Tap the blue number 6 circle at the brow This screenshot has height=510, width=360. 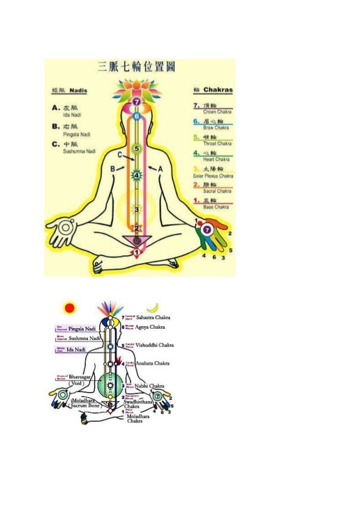point(135,116)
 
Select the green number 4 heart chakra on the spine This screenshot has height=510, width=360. point(135,175)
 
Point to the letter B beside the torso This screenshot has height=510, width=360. point(112,168)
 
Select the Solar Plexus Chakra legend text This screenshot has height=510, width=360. point(213,176)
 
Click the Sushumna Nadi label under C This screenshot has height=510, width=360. point(75,152)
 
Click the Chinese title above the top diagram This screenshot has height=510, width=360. point(136,67)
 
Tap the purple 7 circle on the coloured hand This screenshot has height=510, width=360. point(207,229)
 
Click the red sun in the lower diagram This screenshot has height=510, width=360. point(69,308)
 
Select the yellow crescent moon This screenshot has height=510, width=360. point(152,308)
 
